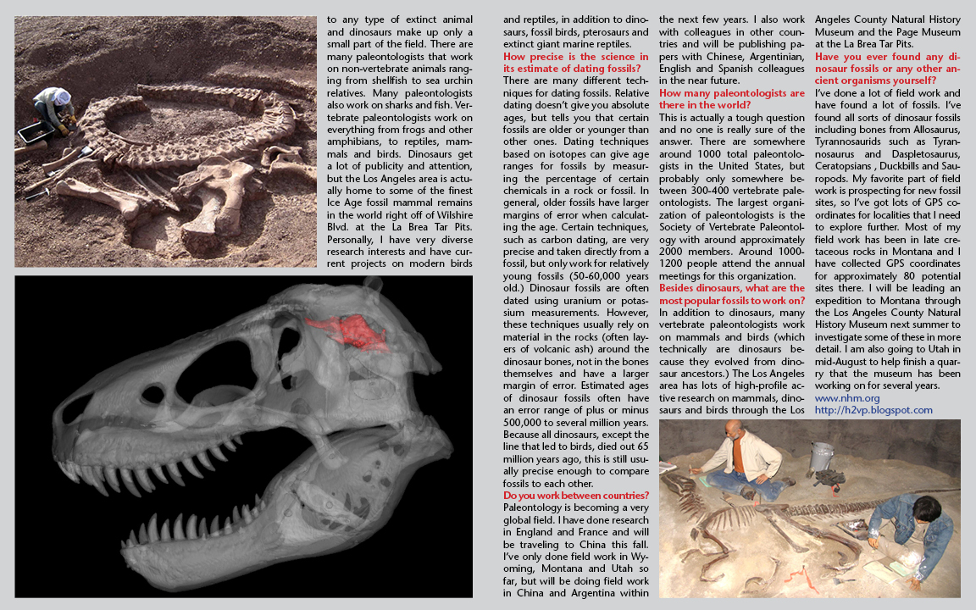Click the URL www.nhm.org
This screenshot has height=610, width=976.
point(846,397)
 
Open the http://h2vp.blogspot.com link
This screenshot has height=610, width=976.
point(873,410)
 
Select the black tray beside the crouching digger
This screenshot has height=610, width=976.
point(32,132)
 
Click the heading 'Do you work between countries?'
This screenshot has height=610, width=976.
point(576,496)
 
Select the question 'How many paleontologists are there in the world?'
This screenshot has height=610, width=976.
point(731,97)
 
